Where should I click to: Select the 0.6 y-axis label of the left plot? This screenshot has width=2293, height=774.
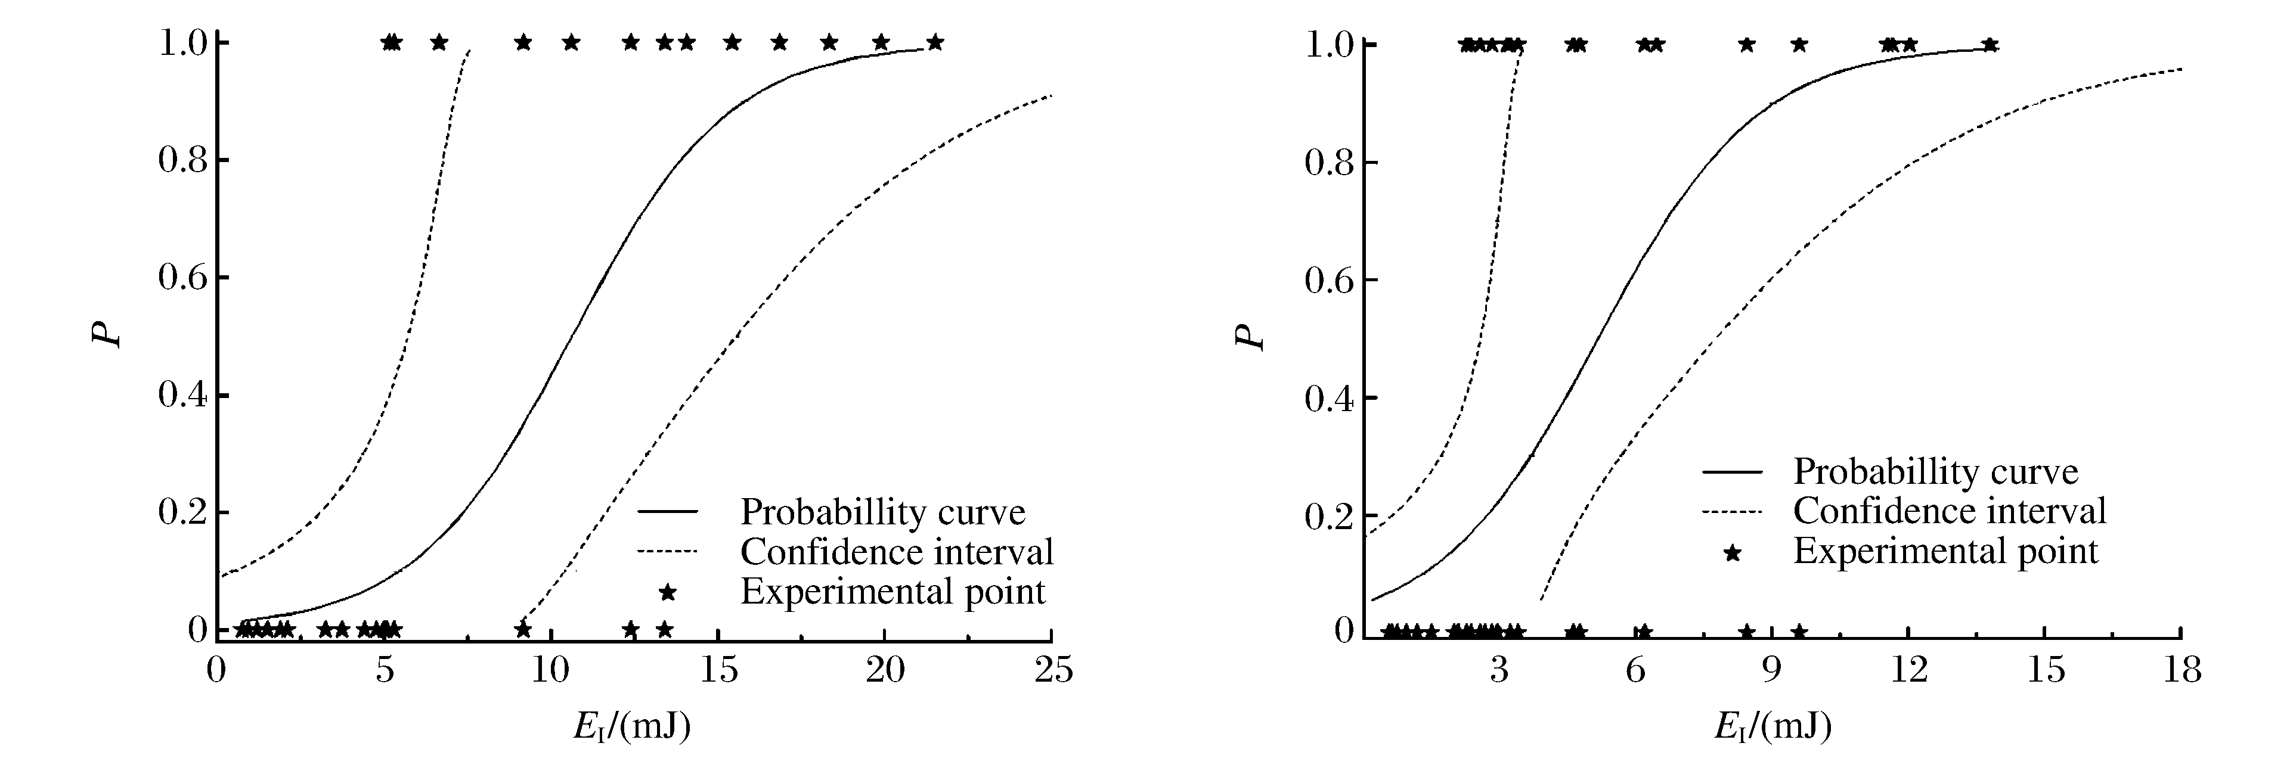pyautogui.click(x=182, y=278)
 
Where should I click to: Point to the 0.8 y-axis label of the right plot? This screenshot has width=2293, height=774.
pyautogui.click(x=1328, y=163)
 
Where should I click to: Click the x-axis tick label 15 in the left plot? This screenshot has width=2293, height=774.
pyautogui.click(x=718, y=670)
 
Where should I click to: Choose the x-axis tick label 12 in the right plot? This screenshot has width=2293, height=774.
pyautogui.click(x=1908, y=670)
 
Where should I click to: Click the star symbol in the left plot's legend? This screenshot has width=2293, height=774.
pyautogui.click(x=667, y=592)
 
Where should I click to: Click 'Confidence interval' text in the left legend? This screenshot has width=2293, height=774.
pyautogui.click(x=896, y=552)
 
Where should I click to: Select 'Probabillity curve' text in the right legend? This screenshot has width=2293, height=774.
pyautogui.click(x=1935, y=471)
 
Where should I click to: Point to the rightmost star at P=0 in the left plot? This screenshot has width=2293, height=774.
pyautogui.click(x=664, y=629)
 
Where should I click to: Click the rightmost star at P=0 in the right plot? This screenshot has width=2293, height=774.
pyautogui.click(x=1799, y=632)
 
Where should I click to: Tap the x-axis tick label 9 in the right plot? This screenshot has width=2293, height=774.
pyautogui.click(x=1771, y=670)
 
